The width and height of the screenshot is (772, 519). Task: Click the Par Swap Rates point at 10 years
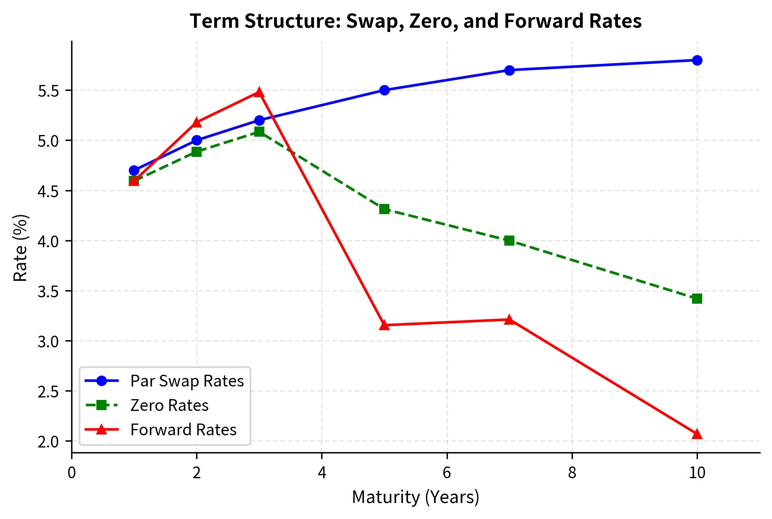pos(697,60)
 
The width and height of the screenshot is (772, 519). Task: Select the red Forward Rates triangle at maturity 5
pos(384,325)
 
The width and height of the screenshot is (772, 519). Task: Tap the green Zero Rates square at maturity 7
pos(509,241)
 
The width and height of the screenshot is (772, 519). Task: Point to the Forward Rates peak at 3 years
pos(259,93)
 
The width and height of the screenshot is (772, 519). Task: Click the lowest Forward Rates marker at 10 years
pos(697,434)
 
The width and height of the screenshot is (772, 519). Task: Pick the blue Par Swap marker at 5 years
pos(384,90)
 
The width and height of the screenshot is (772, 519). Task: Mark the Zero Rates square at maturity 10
pos(697,299)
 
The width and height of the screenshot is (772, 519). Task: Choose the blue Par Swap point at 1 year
pos(134,170)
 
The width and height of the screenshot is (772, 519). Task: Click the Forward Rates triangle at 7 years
pos(509,320)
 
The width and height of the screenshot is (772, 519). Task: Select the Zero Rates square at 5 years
pos(384,209)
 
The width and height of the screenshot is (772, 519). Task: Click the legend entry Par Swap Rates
pos(187,381)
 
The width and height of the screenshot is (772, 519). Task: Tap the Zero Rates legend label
pos(169,405)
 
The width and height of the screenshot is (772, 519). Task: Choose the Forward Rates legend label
pos(184,430)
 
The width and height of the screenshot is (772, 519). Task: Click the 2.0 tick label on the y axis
pos(49,442)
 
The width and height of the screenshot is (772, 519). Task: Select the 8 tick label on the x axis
pos(572,473)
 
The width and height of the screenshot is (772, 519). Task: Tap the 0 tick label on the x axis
pos(72,473)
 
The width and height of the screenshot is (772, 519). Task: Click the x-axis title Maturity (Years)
pos(415,497)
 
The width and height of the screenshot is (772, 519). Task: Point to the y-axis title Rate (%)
pos(20,248)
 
